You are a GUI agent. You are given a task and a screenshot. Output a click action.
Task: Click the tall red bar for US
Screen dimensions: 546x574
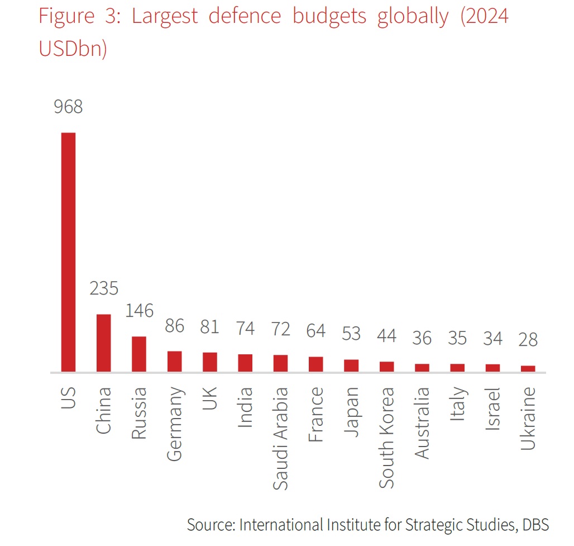(x=68, y=251)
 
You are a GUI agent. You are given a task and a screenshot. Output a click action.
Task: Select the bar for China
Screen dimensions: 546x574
(x=103, y=343)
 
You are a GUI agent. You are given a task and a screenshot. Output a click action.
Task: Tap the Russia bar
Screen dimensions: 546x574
(x=139, y=354)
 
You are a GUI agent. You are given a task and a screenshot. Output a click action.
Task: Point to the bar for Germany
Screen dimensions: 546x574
(x=174, y=361)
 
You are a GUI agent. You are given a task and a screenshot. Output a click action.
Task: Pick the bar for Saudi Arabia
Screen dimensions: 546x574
(x=280, y=363)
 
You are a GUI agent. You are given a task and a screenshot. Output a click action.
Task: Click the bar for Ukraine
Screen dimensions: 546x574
(x=528, y=368)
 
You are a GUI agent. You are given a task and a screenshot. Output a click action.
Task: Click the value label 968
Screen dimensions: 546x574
(x=68, y=106)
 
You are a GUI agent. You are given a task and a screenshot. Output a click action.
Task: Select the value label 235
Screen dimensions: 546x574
(x=104, y=288)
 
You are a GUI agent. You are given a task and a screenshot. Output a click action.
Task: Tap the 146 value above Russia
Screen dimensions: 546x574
(x=139, y=311)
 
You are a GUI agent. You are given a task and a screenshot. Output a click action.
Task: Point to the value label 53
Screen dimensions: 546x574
(x=351, y=334)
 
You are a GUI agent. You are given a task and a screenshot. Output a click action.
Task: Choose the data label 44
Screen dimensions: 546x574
(x=386, y=335)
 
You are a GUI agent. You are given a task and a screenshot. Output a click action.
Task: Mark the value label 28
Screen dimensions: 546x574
(x=528, y=339)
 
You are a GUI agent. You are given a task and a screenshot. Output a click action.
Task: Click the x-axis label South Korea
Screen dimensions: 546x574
(x=386, y=437)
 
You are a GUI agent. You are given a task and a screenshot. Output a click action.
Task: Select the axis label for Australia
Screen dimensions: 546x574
(x=422, y=422)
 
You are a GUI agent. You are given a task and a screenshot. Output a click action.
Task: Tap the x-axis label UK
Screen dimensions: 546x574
(x=210, y=398)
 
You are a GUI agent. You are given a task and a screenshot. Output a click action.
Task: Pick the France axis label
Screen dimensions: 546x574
(x=316, y=414)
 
